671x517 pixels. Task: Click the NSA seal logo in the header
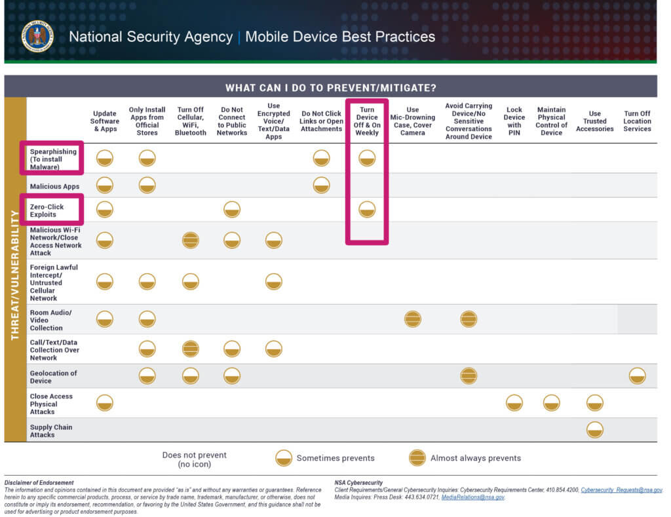37,37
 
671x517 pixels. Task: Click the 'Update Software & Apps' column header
104,121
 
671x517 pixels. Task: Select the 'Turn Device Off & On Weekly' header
367,121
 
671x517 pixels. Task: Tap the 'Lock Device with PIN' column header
514,121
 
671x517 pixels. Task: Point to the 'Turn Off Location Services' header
637,121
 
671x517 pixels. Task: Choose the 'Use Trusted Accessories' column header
594,121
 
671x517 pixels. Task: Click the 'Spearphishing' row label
53,151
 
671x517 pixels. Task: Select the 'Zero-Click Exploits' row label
47,210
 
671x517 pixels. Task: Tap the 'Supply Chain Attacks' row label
51,431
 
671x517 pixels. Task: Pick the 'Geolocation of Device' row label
53,377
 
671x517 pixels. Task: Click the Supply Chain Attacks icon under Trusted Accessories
594,430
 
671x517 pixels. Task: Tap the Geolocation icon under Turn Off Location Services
637,375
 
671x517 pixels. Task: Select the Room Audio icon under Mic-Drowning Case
413,319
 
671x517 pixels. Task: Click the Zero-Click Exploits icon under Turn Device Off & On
367,210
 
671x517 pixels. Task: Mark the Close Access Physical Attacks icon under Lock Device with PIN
514,403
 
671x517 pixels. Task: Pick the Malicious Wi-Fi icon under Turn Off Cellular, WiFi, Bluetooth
191,240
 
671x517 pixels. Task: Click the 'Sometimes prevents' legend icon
284,458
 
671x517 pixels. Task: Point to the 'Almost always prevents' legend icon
417,458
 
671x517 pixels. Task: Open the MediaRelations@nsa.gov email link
472,497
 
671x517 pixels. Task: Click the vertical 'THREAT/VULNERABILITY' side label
15,275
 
